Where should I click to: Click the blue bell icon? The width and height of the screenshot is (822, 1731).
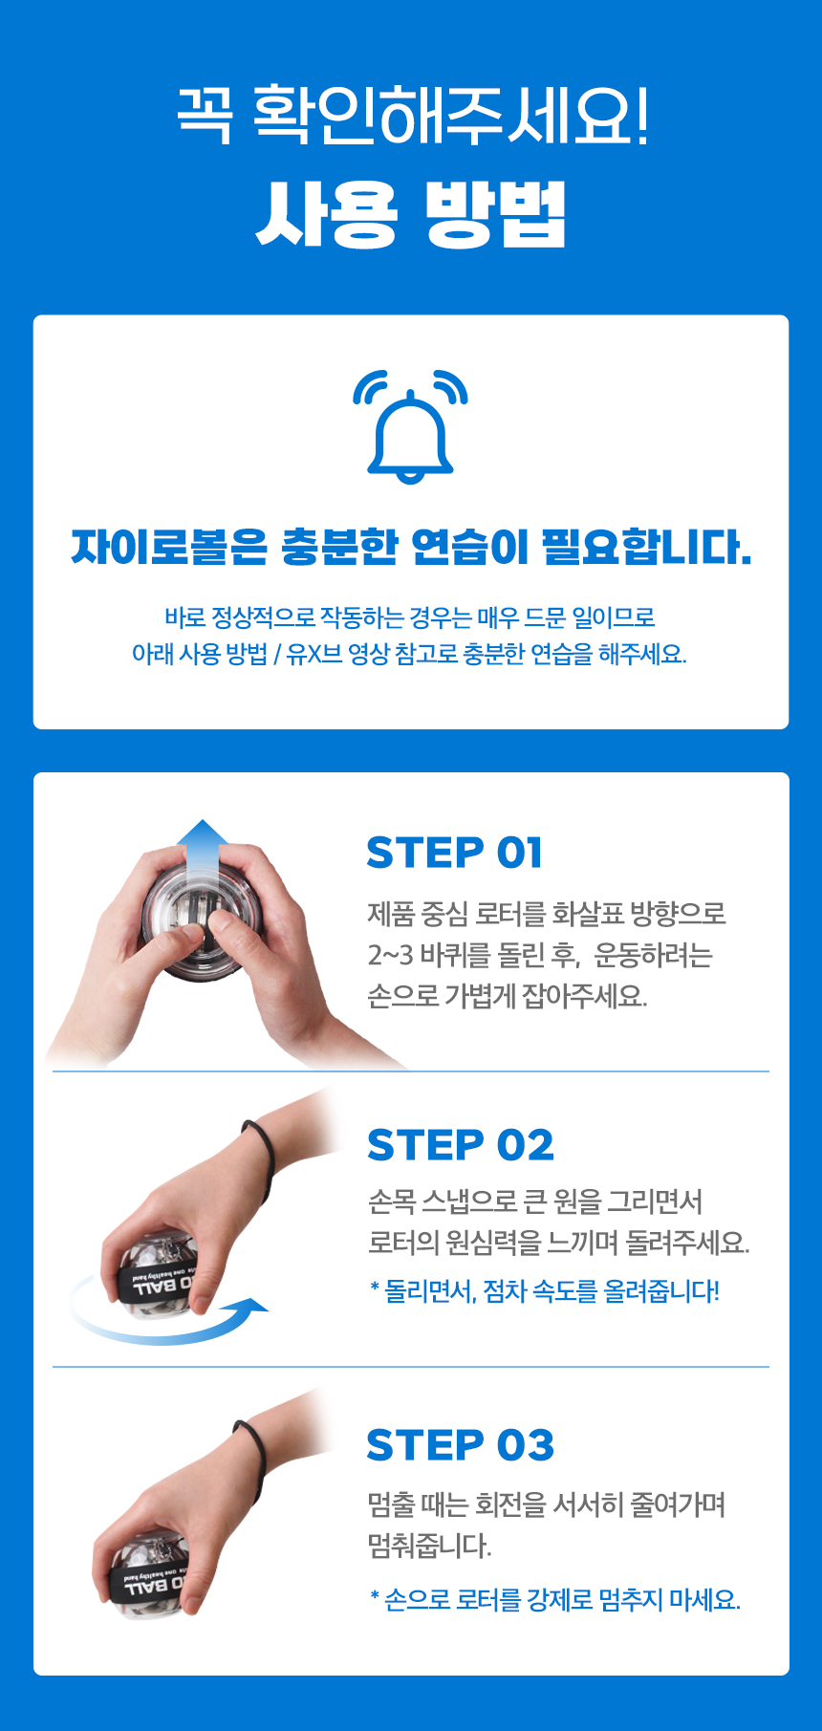pos(410,426)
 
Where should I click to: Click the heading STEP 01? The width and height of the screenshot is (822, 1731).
pos(454,853)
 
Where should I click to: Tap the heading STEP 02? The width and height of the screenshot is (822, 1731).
pos(461,1145)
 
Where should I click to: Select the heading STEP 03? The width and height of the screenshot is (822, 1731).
pos(461,1445)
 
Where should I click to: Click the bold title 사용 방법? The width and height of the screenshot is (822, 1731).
pos(411,215)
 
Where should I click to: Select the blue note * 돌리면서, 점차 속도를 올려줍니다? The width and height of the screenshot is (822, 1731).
pos(545,1291)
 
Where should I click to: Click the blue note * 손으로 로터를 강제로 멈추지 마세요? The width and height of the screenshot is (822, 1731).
pos(555,1599)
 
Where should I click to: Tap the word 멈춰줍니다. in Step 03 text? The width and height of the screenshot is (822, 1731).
pos(430,1546)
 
